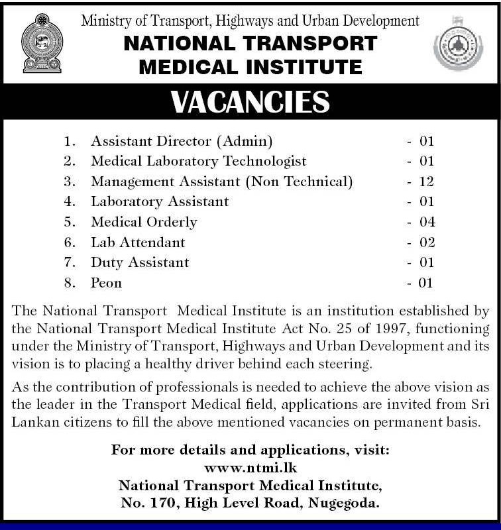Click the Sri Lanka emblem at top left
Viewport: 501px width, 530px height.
[40, 44]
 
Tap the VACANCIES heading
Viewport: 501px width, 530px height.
[250, 102]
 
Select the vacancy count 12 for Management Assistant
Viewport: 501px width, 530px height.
[426, 182]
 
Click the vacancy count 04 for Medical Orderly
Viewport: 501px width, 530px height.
[426, 222]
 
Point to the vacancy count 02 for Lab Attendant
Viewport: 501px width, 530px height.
[426, 242]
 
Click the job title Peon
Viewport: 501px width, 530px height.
[107, 283]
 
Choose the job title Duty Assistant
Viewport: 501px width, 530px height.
[140, 262]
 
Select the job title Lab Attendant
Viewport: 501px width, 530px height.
[138, 242]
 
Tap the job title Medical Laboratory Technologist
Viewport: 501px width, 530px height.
[198, 161]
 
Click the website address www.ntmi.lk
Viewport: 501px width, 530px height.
[250, 468]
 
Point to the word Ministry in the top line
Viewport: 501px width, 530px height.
[105, 21]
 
